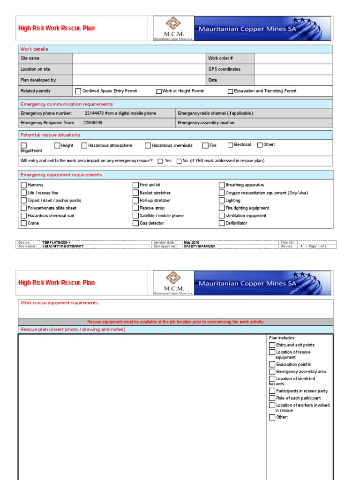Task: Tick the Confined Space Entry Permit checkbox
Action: [78, 91]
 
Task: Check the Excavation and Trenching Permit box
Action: [230, 91]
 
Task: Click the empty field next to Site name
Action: [139, 59]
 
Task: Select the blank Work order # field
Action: [293, 59]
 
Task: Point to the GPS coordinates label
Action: [224, 69]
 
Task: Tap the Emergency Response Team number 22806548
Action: [93, 123]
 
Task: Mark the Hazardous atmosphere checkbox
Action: [84, 146]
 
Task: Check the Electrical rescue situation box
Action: [230, 145]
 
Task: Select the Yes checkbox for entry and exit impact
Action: [160, 161]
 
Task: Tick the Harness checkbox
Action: [23, 185]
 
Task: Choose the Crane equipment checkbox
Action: [23, 224]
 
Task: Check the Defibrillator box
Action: [222, 224]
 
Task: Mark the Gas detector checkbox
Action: [135, 224]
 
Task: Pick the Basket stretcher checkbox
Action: [135, 193]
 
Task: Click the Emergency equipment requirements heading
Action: [61, 175]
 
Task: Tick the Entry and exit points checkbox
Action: [272, 345]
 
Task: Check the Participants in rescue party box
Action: [272, 391]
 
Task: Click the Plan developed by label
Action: [38, 80]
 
